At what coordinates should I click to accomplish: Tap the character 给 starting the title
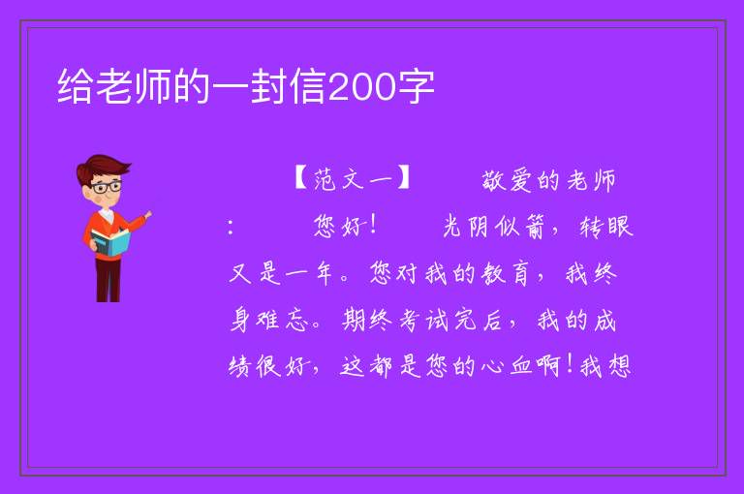pyautogui.click(x=75, y=87)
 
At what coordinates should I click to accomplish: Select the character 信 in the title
pyautogui.click(x=308, y=87)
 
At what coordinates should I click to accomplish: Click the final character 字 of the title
pyautogui.click(x=417, y=87)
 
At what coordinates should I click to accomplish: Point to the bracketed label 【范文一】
pyautogui.click(x=352, y=179)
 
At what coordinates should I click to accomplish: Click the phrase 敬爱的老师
pyautogui.click(x=549, y=180)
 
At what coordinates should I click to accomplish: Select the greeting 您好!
pyautogui.click(x=345, y=226)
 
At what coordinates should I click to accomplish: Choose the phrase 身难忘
pyautogui.click(x=269, y=320)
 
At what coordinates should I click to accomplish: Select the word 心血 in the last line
pyautogui.click(x=507, y=366)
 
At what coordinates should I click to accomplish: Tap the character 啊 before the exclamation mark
pyautogui.click(x=549, y=366)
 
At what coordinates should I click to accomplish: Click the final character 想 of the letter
pyautogui.click(x=619, y=366)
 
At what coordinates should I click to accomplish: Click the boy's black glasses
pyautogui.click(x=107, y=187)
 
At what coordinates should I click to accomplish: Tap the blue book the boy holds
pyautogui.click(x=110, y=243)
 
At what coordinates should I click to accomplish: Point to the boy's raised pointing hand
pyautogui.click(x=147, y=215)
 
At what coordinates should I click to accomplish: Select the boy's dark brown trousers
pyautogui.click(x=108, y=279)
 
